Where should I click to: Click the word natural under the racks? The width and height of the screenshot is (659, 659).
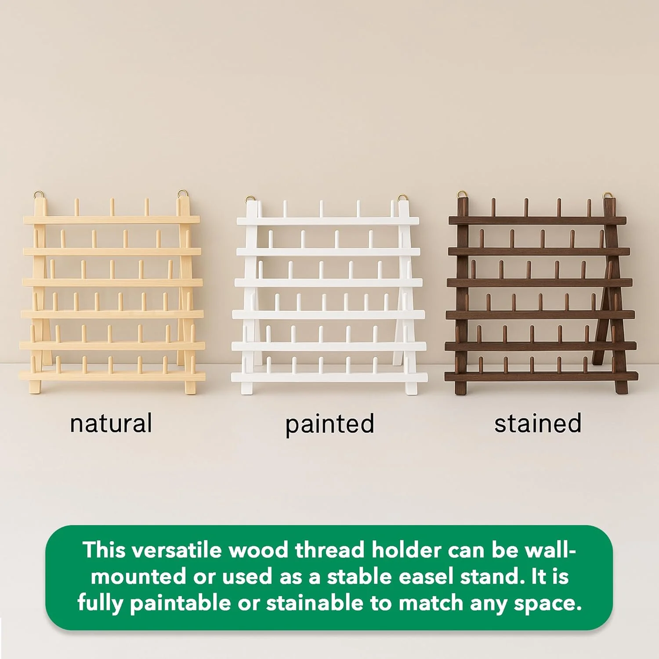point(111,423)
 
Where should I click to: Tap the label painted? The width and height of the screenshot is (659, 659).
point(330,424)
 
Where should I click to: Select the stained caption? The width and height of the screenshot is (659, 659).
point(538,423)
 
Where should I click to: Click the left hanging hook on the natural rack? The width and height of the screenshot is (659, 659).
point(39,194)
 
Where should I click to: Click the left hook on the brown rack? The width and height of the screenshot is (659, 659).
point(462,195)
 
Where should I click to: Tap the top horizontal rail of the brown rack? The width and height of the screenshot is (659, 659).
point(537,221)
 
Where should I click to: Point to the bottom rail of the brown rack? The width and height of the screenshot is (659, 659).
point(541,377)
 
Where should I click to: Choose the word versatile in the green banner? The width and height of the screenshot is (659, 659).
point(177,550)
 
